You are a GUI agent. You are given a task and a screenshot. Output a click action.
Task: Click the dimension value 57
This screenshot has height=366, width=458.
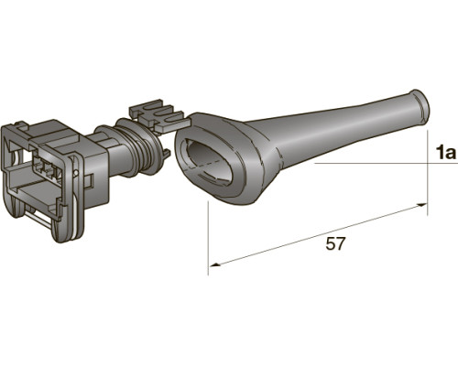(x=335, y=243)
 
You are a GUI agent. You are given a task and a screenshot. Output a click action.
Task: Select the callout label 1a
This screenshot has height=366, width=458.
(x=446, y=153)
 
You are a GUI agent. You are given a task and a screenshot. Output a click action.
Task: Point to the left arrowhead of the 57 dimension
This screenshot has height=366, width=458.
(x=215, y=264)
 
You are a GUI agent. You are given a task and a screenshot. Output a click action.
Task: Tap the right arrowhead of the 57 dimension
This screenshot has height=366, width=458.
(x=421, y=205)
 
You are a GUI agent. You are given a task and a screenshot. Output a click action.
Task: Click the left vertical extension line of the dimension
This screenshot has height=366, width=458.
(x=208, y=238)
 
